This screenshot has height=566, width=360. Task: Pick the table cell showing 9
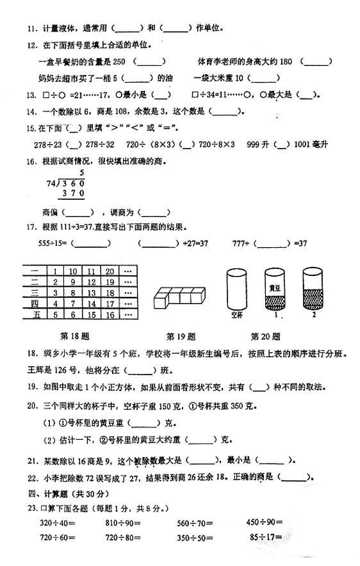tap(74, 282)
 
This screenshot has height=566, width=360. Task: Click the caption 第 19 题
tap(181, 336)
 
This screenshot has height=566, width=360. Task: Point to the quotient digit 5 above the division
tap(82, 173)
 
